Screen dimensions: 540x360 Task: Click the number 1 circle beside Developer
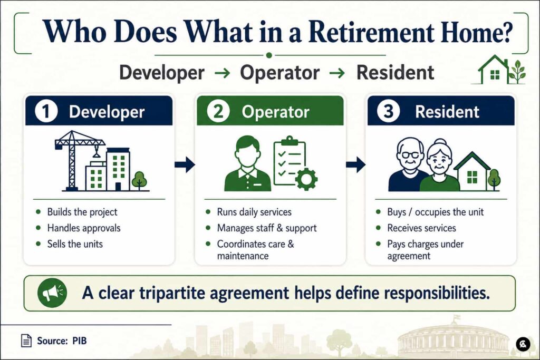tap(46, 111)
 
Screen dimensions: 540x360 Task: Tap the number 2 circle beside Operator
tap(218, 111)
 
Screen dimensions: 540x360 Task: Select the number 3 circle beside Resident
tap(389, 111)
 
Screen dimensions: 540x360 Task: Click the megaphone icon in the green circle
tap(52, 293)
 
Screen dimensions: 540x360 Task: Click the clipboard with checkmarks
tap(290, 160)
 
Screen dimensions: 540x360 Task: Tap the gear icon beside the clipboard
tap(306, 179)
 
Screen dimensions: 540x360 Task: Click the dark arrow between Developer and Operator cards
tap(185, 164)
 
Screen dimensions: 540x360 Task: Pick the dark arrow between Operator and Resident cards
tap(356, 164)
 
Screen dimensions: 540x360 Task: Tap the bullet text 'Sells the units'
tap(75, 244)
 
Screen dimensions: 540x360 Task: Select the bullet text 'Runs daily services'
tap(254, 212)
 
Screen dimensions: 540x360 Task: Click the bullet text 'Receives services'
tap(421, 228)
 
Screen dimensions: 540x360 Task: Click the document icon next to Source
tap(26, 340)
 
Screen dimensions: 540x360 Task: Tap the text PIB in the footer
tap(80, 340)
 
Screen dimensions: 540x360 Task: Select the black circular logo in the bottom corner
tap(523, 344)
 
